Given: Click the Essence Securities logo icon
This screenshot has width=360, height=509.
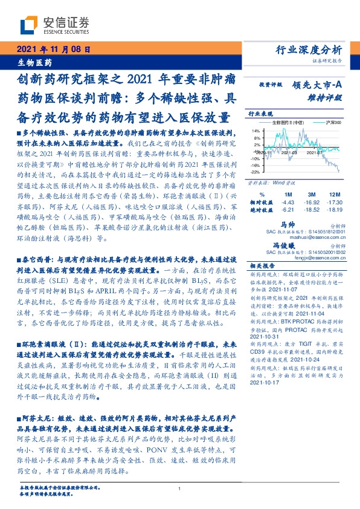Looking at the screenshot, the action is point(30,24).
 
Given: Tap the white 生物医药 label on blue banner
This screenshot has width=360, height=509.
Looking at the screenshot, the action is point(34,63).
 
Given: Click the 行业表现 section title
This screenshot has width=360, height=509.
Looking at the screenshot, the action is point(260,113).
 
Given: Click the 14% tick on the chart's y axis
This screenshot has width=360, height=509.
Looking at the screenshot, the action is point(256,131).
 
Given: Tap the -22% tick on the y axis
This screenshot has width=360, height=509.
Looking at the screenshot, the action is point(256,172).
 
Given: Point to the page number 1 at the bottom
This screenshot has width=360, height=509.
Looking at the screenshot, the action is point(180,490).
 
